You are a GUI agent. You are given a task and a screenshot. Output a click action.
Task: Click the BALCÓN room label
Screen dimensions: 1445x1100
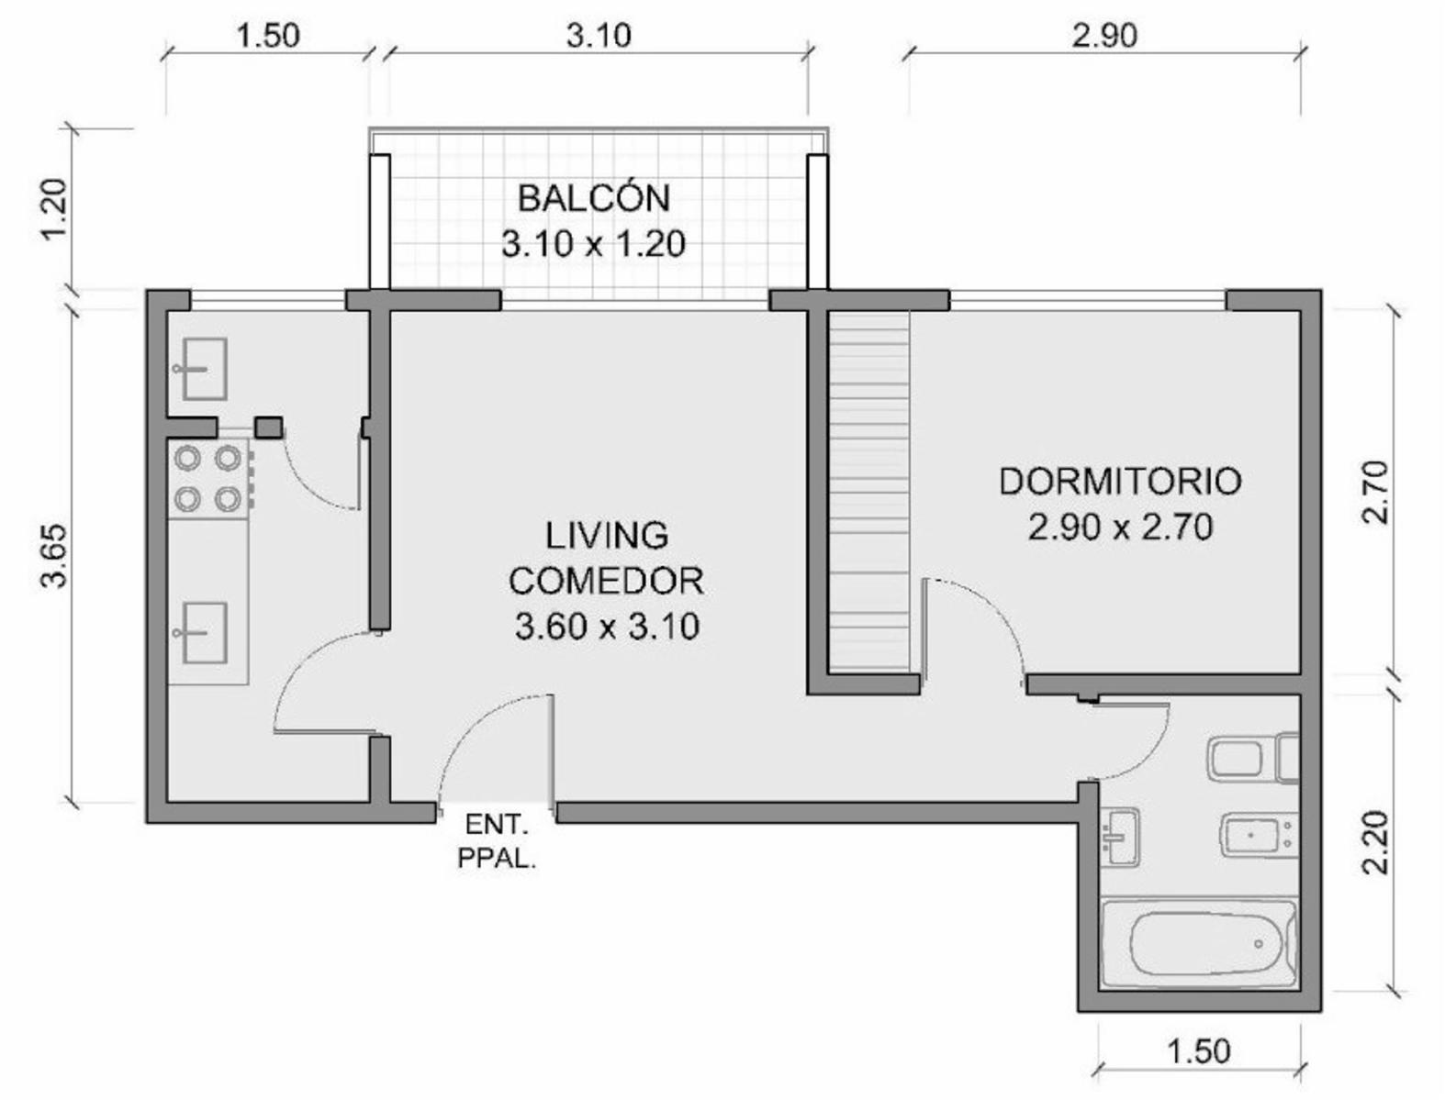point(594,199)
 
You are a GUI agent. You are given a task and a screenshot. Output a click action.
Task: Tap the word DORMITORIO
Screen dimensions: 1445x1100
point(1120,482)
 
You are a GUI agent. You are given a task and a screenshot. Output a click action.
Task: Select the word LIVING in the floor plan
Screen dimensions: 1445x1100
point(607,536)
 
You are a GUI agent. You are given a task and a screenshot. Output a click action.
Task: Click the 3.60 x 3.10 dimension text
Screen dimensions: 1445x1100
point(607,627)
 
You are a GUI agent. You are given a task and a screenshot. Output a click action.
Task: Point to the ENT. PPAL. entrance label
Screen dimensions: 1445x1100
point(497,842)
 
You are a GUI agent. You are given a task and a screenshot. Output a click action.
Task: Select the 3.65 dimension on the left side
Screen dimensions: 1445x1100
point(54,556)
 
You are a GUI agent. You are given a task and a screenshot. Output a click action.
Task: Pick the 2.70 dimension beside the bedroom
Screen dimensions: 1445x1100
point(1374,492)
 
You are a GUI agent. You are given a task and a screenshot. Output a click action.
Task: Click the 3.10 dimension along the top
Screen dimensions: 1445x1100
point(599,36)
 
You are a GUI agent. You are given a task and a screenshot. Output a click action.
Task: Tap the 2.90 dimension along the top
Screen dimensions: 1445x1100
point(1104,36)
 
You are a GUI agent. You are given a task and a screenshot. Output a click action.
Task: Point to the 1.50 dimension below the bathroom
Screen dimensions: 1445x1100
point(1199,1050)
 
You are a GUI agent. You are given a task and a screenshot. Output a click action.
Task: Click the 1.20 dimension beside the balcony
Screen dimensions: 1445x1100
point(54,210)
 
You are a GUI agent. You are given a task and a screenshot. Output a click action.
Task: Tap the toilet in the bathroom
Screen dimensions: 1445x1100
point(1254,758)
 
